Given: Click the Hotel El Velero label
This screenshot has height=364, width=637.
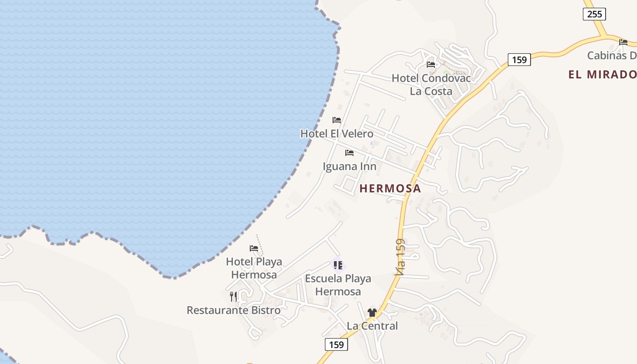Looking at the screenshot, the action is point(337,133).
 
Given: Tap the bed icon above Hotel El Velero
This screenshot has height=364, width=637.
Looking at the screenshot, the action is point(337,120).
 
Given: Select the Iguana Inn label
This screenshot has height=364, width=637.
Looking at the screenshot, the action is point(349,166).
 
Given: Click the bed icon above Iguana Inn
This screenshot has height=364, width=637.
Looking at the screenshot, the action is point(349,153).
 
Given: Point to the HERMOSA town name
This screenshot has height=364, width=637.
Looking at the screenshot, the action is point(390,188).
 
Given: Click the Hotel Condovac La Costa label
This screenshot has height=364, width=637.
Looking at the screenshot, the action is point(431,85).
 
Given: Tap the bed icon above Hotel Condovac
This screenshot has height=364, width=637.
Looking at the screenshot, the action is point(431,65).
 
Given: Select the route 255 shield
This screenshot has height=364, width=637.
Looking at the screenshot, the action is point(594,14).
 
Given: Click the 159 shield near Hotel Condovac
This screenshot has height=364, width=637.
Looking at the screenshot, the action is point(519,60).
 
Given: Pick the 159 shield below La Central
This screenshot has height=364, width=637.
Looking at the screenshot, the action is point(336,344).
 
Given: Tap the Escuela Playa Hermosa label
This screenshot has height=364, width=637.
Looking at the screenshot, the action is point(338,285).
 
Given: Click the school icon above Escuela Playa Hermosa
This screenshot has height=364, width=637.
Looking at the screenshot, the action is point(338,265).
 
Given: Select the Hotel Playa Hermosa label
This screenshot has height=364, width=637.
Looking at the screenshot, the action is point(254,268).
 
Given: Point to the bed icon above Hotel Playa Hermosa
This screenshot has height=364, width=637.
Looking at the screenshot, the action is point(254,248).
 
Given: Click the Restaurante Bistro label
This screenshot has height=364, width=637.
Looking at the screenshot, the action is point(233,310).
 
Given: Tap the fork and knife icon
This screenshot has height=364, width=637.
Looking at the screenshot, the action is point(233,297).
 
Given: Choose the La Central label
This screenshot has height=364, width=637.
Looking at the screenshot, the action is point(372,326).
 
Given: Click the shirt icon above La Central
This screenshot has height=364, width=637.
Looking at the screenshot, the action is point(372,313).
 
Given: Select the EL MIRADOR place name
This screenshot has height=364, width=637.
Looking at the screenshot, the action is point(602,75).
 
